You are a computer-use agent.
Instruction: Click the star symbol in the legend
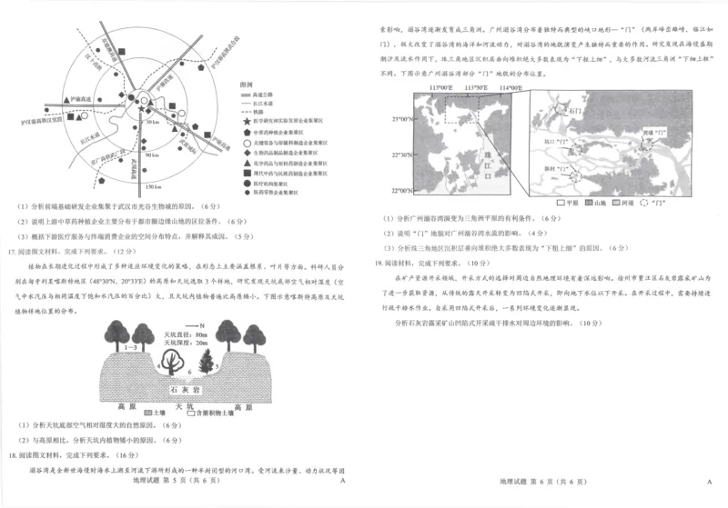coord(247,121)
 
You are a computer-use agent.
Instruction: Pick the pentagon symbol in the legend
coord(247,132)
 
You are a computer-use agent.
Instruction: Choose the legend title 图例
coord(246,85)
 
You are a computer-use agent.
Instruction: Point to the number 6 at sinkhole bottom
coord(188,372)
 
